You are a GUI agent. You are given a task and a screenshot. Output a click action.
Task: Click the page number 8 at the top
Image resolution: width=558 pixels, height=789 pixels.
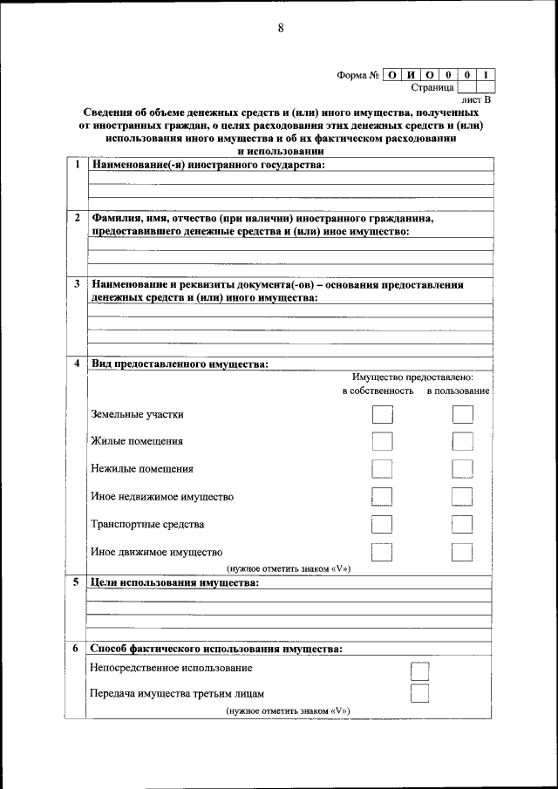(x=281, y=28)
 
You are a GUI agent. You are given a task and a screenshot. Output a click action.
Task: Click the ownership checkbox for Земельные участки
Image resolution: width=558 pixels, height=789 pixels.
(x=381, y=414)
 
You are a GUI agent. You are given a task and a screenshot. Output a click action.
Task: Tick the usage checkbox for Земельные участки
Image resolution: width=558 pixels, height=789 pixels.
(x=462, y=414)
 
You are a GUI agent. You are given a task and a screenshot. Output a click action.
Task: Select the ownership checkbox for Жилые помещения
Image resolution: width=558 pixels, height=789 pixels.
(x=381, y=441)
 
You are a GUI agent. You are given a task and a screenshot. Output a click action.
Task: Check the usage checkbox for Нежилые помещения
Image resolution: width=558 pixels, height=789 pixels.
(x=462, y=469)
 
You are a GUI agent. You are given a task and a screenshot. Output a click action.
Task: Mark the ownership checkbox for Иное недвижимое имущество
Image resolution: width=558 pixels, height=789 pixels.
(x=381, y=497)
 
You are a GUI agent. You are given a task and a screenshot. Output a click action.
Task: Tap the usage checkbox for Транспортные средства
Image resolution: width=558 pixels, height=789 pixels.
(x=462, y=524)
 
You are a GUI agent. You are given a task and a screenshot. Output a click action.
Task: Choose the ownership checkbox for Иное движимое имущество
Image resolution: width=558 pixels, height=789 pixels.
(x=381, y=552)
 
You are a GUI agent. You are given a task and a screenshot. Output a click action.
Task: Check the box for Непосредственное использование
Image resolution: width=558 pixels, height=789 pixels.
(x=419, y=670)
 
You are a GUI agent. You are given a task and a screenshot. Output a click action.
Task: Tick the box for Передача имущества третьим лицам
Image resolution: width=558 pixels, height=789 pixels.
(x=419, y=694)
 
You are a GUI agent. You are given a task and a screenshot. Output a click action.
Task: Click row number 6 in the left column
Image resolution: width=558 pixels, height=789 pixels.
(x=76, y=649)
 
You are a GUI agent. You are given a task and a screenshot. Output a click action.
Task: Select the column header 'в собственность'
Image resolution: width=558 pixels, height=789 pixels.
(x=378, y=391)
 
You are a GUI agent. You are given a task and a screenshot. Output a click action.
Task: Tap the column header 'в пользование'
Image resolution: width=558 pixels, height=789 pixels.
(x=458, y=391)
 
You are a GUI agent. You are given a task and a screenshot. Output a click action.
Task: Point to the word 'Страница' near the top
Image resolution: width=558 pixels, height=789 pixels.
(x=432, y=87)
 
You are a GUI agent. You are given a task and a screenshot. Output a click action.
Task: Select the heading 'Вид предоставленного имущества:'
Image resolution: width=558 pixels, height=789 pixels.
(x=179, y=364)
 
